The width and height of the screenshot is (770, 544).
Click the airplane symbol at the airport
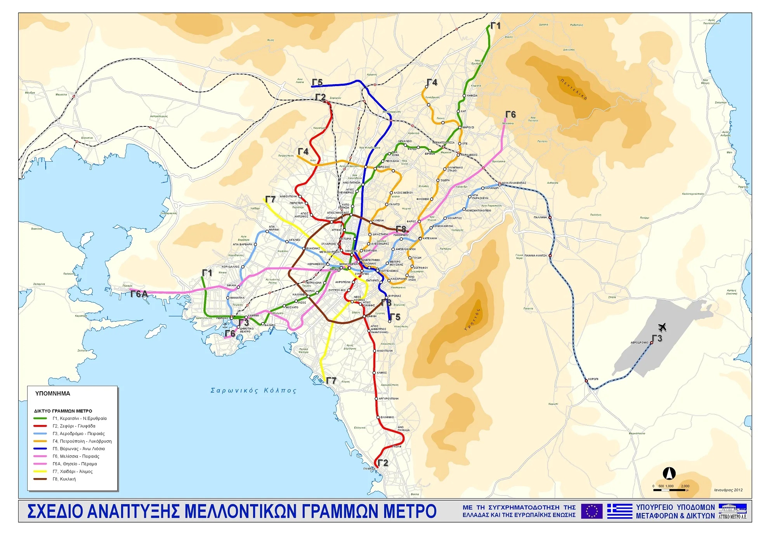click(x=662, y=327)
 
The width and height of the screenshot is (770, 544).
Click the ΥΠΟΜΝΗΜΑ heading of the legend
click(x=52, y=393)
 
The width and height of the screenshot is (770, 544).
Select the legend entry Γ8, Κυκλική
click(x=64, y=479)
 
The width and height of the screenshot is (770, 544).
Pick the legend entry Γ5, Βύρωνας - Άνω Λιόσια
click(x=78, y=449)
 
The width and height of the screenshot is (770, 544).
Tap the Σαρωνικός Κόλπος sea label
click(x=253, y=390)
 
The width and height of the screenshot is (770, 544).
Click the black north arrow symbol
click(x=669, y=473)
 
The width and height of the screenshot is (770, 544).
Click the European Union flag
click(x=591, y=511)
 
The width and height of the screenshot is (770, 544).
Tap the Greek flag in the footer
click(x=620, y=511)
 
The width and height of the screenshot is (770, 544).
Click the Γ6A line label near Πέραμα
click(x=139, y=294)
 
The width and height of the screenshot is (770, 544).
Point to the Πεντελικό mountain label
click(x=574, y=89)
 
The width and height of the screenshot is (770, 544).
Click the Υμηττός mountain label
click(x=472, y=320)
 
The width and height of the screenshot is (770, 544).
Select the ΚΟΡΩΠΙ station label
click(x=593, y=379)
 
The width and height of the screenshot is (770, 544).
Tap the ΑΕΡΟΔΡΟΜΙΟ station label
click(x=639, y=342)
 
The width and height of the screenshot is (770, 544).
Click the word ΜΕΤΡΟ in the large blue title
click(x=410, y=511)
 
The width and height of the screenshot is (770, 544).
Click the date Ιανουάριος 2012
click(x=728, y=490)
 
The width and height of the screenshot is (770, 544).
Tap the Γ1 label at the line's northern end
click(x=496, y=26)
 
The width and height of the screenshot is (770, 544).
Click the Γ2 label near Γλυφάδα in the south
click(x=383, y=463)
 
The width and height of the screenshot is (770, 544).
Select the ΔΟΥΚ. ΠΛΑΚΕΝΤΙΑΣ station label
click(x=513, y=183)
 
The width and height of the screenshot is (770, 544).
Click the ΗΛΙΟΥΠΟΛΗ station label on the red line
click(x=385, y=351)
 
